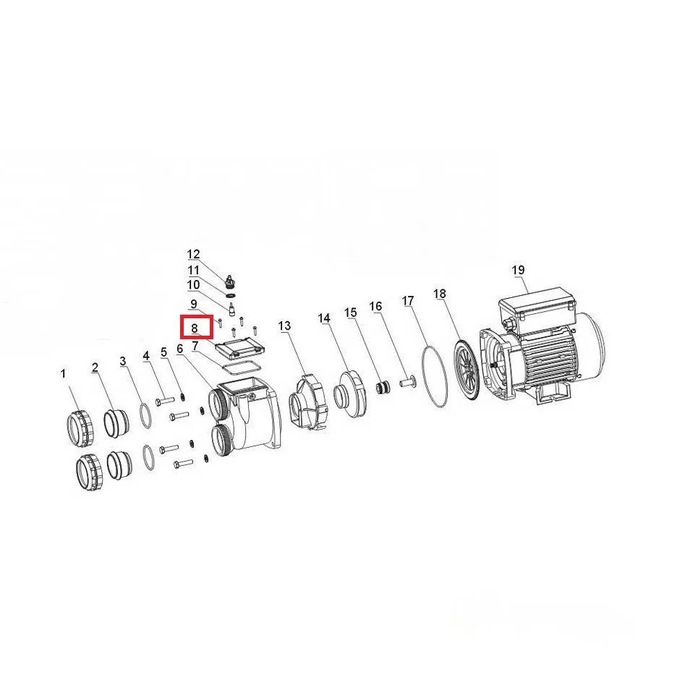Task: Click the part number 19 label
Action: pyautogui.click(x=518, y=270)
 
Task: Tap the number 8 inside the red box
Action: pyautogui.click(x=195, y=328)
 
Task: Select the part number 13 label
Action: pyautogui.click(x=284, y=326)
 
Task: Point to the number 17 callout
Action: pyautogui.click(x=408, y=300)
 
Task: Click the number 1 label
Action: pyautogui.click(x=64, y=373)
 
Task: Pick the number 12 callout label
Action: pyautogui.click(x=193, y=254)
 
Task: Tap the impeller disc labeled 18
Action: pyautogui.click(x=466, y=369)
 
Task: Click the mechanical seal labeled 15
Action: pyautogui.click(x=383, y=387)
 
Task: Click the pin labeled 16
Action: pyautogui.click(x=407, y=383)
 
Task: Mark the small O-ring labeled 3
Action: pyautogui.click(x=147, y=415)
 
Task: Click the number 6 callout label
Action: pyautogui.click(x=180, y=348)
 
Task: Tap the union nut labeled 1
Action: pyautogui.click(x=81, y=428)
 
